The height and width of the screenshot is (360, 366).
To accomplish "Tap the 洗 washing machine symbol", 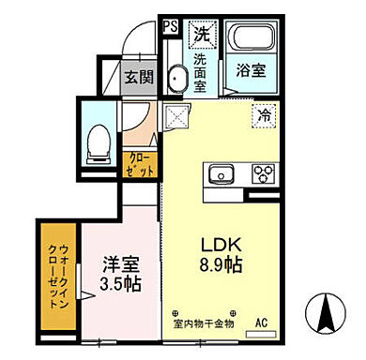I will (201, 35).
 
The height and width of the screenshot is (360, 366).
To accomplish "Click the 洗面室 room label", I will (201, 73).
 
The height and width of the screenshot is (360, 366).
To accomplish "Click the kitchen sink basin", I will (222, 175).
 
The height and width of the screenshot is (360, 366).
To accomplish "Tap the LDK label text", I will (219, 244).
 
